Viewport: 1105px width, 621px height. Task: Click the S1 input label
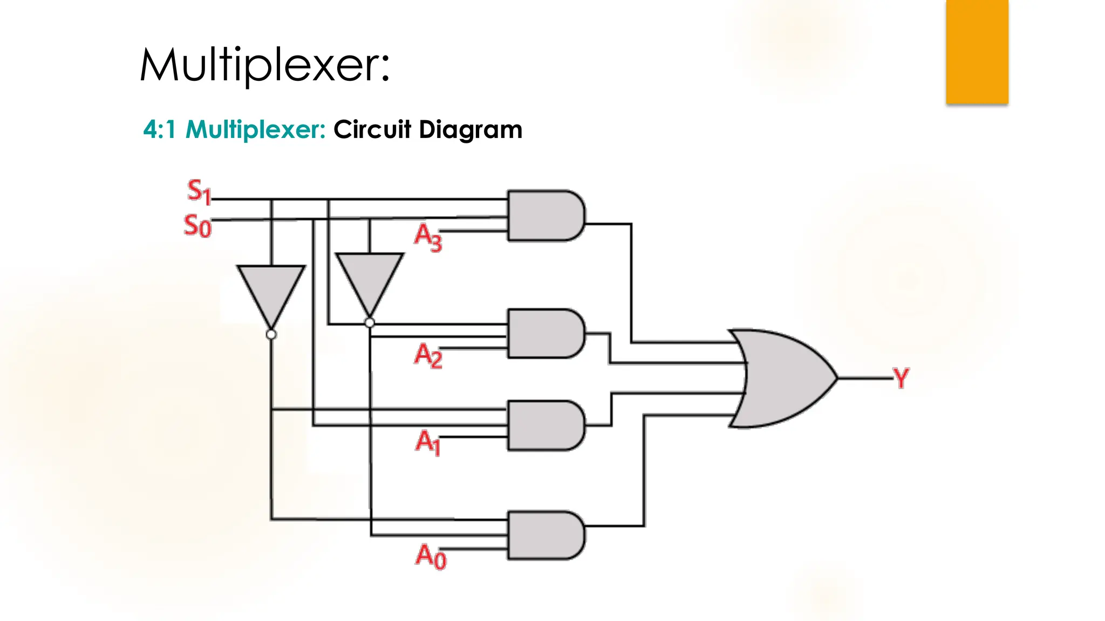(x=199, y=191)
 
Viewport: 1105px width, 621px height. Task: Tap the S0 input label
(x=197, y=226)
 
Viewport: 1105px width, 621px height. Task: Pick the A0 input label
(x=431, y=556)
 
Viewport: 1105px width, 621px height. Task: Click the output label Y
(x=901, y=378)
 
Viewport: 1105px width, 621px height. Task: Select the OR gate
(x=782, y=378)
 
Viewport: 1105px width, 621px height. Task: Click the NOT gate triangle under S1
(x=271, y=291)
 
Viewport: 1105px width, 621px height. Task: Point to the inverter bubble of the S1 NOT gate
(x=271, y=335)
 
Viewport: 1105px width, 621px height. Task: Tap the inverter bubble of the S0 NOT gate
(x=370, y=323)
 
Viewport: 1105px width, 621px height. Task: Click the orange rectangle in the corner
(x=977, y=51)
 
